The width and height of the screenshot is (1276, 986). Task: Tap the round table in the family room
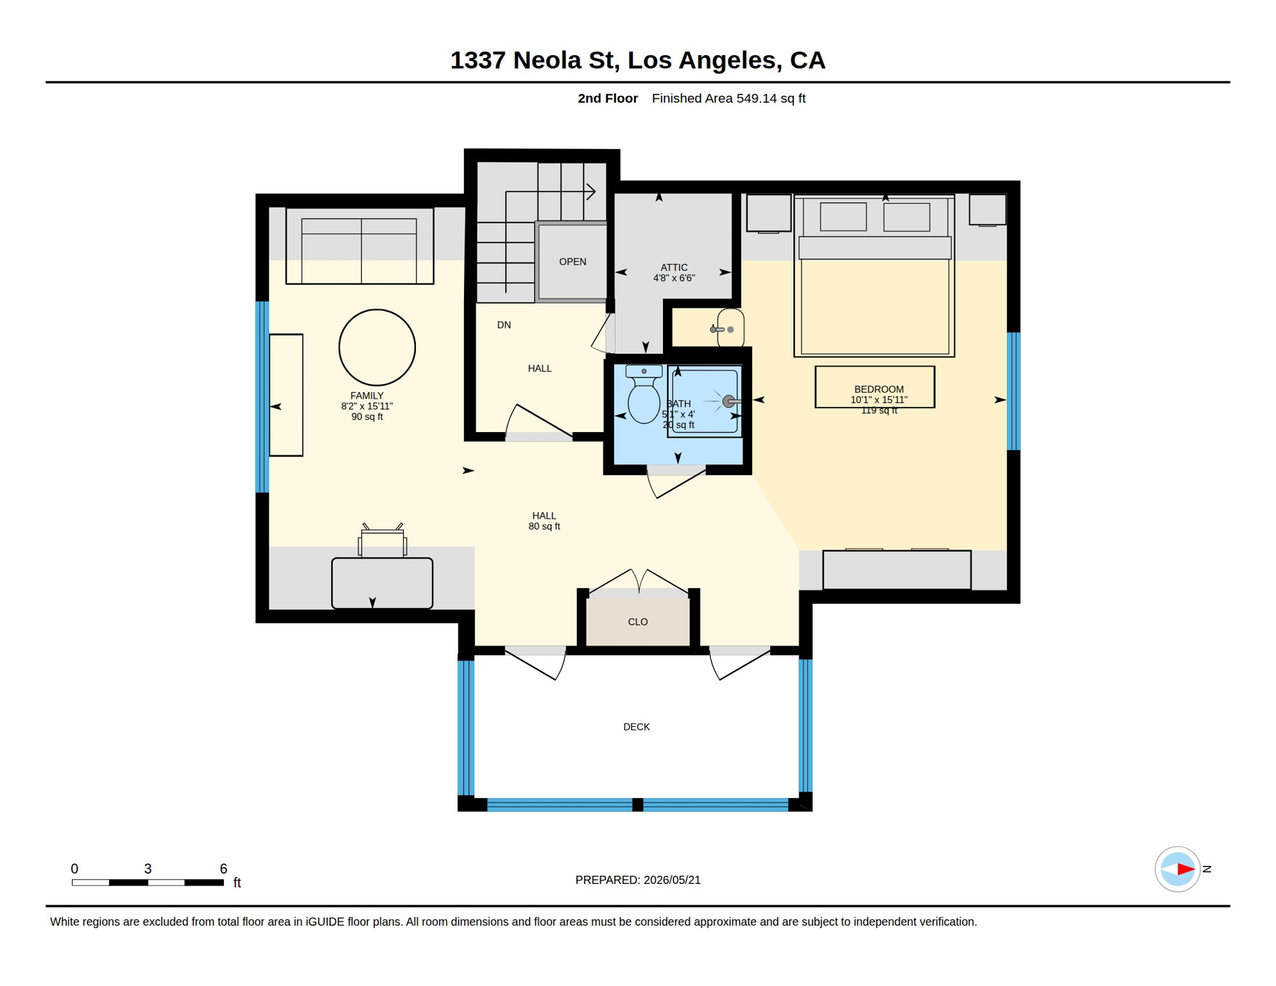(377, 347)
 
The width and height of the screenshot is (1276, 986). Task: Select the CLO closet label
(637, 621)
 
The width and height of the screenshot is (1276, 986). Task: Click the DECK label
(636, 727)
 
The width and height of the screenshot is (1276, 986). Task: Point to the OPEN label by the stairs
(573, 261)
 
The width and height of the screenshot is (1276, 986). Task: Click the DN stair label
(504, 325)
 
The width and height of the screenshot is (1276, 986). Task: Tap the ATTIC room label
(674, 267)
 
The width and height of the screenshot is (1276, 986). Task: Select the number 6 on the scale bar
(223, 869)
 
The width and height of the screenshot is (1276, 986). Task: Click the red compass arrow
(1185, 869)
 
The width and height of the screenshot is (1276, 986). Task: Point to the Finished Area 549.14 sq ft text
(729, 98)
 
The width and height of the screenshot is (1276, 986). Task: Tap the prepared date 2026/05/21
(672, 879)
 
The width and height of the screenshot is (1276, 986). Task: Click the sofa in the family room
(359, 245)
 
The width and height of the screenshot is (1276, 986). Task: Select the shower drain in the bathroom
(729, 401)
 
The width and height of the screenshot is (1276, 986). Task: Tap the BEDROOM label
(879, 389)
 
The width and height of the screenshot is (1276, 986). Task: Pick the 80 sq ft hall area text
(544, 526)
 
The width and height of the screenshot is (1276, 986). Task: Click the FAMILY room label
(366, 395)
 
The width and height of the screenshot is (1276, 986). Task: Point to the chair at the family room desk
(382, 539)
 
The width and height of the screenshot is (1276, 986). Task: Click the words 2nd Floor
(607, 98)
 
